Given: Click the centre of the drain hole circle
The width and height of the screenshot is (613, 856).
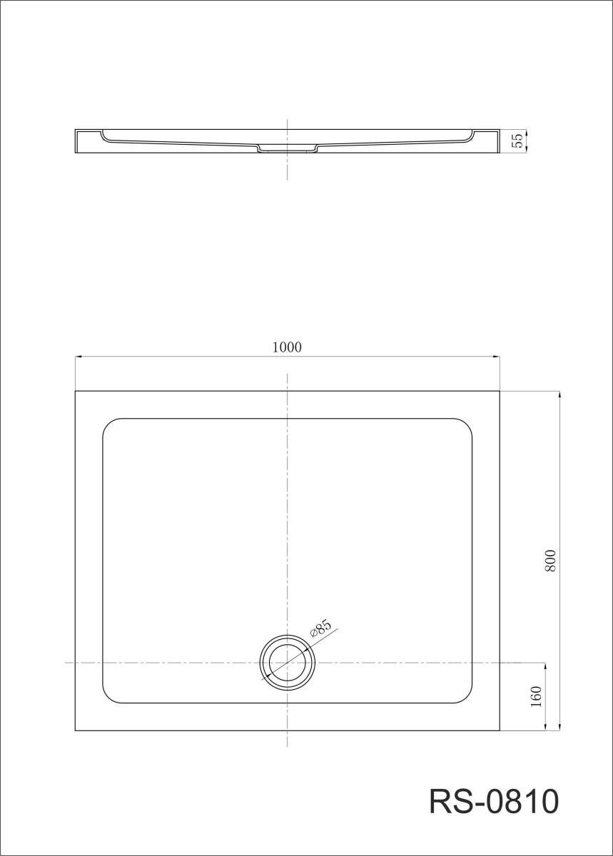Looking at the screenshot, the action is point(288,663).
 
